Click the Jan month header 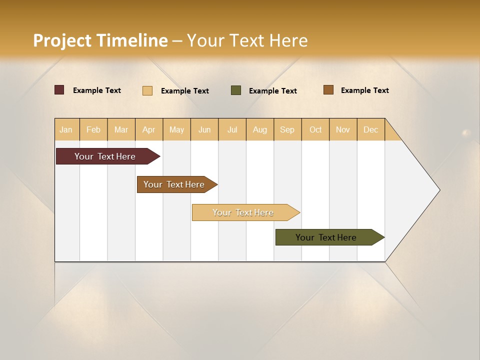(66, 129)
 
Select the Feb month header (93, 129)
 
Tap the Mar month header (121, 129)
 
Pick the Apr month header (149, 129)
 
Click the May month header (176, 129)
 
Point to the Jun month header (204, 129)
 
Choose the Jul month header (232, 129)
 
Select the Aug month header (260, 129)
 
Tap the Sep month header (287, 129)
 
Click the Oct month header (315, 129)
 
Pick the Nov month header (343, 129)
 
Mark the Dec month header (371, 129)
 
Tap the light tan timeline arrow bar (243, 212)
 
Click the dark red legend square (59, 90)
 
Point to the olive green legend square (236, 90)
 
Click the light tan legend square (147, 90)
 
